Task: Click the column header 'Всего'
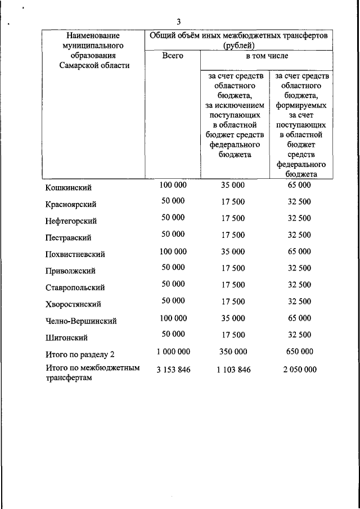pos(172,56)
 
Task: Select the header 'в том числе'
pos(266,56)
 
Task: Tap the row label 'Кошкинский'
pos(69,187)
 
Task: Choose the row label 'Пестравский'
pos(69,238)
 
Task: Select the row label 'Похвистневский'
pos(75,254)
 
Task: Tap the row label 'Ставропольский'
pos(75,288)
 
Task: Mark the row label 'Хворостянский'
pos(73,304)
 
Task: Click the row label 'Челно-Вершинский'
pos(81,321)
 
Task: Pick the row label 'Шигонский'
pos(66,338)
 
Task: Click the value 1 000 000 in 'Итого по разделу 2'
pos(173,352)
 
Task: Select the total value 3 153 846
pos(173,370)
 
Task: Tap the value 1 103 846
pos(232,370)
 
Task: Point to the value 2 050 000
pos(299,370)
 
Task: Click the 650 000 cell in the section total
pos(299,352)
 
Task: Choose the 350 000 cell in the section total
pos(232,352)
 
